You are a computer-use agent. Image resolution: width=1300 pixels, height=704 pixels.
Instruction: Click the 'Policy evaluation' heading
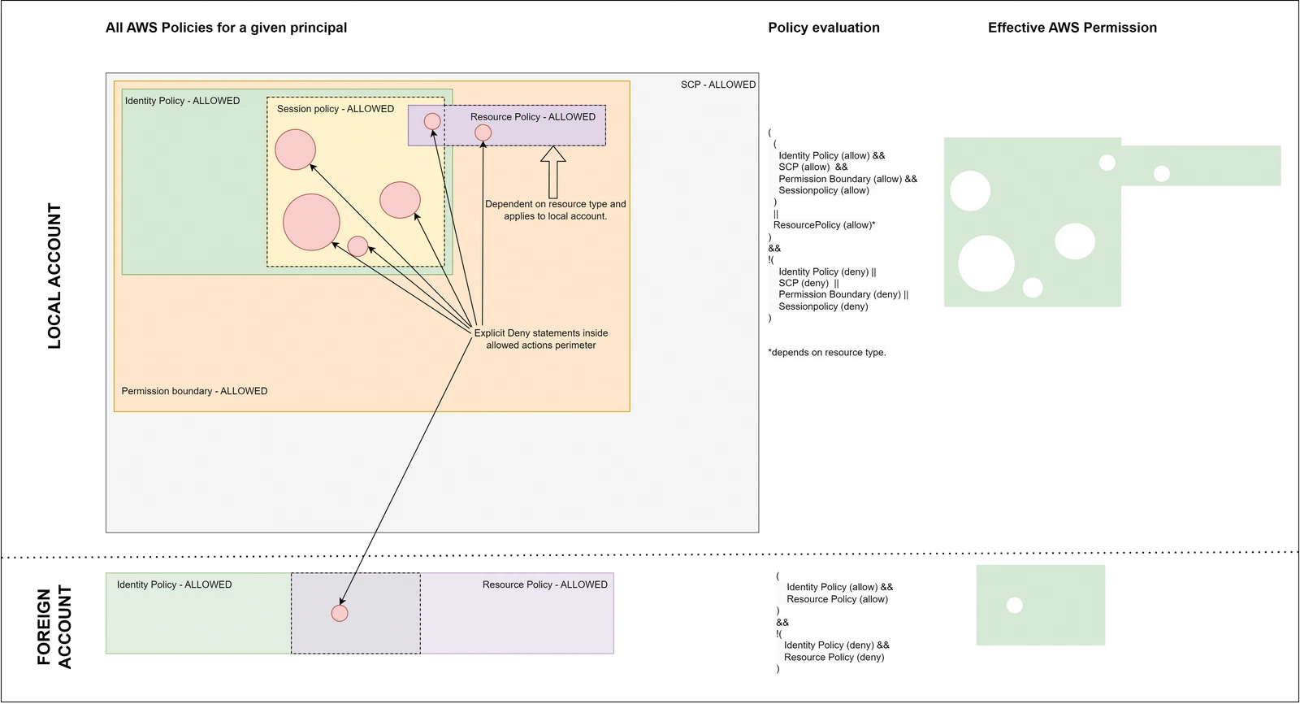click(x=824, y=28)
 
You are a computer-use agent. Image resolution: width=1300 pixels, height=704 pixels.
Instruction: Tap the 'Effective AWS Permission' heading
click(x=1072, y=28)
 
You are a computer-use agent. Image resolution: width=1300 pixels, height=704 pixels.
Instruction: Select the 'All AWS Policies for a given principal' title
click(x=226, y=28)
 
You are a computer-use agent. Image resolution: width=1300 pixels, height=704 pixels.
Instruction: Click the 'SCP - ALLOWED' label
click(x=718, y=85)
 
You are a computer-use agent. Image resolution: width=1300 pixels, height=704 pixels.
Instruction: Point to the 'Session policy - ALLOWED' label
click(x=335, y=109)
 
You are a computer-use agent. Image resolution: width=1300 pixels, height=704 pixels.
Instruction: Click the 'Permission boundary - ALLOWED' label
click(x=194, y=391)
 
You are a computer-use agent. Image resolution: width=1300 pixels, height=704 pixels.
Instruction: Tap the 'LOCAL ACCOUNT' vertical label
click(x=54, y=276)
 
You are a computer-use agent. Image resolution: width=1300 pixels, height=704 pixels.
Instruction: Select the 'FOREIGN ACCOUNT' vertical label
click(x=54, y=628)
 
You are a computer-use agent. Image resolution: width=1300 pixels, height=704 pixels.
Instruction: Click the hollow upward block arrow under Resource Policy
click(x=553, y=172)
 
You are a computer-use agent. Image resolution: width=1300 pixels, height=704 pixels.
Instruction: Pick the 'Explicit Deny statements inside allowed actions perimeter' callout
click(x=541, y=339)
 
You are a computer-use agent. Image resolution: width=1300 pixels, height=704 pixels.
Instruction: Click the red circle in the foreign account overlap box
click(x=340, y=613)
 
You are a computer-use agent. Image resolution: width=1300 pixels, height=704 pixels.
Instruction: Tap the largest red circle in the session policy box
click(x=312, y=222)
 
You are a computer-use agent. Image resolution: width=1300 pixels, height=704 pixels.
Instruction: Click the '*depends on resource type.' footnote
click(x=827, y=352)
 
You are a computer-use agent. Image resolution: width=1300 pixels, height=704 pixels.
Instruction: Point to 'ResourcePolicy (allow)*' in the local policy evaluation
click(x=824, y=225)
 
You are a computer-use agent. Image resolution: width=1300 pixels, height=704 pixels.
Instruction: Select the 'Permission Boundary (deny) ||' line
click(x=843, y=294)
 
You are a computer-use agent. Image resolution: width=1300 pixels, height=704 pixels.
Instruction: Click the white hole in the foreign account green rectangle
click(x=1015, y=606)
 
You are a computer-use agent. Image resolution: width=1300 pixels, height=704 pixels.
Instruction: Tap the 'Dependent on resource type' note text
click(x=556, y=210)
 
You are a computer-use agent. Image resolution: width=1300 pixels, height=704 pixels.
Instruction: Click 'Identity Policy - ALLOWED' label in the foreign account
click(x=174, y=584)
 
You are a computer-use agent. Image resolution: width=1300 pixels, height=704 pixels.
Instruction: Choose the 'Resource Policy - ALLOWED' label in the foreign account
click(x=545, y=584)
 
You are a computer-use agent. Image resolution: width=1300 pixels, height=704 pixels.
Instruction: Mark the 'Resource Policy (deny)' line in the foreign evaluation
click(x=834, y=657)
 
